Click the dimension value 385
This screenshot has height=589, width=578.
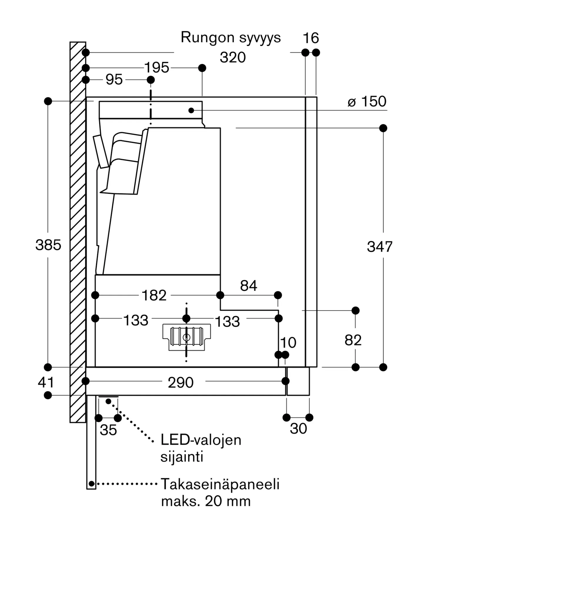tap(48, 245)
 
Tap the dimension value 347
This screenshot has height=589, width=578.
tap(380, 246)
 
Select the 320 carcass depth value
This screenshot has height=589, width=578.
tap(233, 57)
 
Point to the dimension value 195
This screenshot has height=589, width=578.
tap(157, 67)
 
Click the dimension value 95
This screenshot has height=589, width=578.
tap(114, 80)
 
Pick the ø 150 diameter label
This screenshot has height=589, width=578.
tap(367, 102)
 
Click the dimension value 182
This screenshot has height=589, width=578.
tap(154, 295)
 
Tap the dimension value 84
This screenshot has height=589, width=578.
tap(249, 286)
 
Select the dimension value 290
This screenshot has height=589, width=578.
tap(181, 383)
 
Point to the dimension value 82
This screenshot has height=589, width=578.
tap(353, 340)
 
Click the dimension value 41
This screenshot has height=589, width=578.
tap(46, 382)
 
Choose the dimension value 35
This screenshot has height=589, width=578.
tap(108, 430)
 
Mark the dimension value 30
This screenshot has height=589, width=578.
tap(298, 429)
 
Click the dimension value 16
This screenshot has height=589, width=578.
tap(311, 38)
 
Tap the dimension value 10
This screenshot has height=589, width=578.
tap(288, 343)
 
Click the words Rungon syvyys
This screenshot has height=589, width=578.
tap(231, 38)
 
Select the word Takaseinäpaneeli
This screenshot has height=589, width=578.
tap(220, 484)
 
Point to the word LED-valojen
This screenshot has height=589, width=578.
tap(201, 440)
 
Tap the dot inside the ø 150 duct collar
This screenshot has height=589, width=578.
tap(191, 110)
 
